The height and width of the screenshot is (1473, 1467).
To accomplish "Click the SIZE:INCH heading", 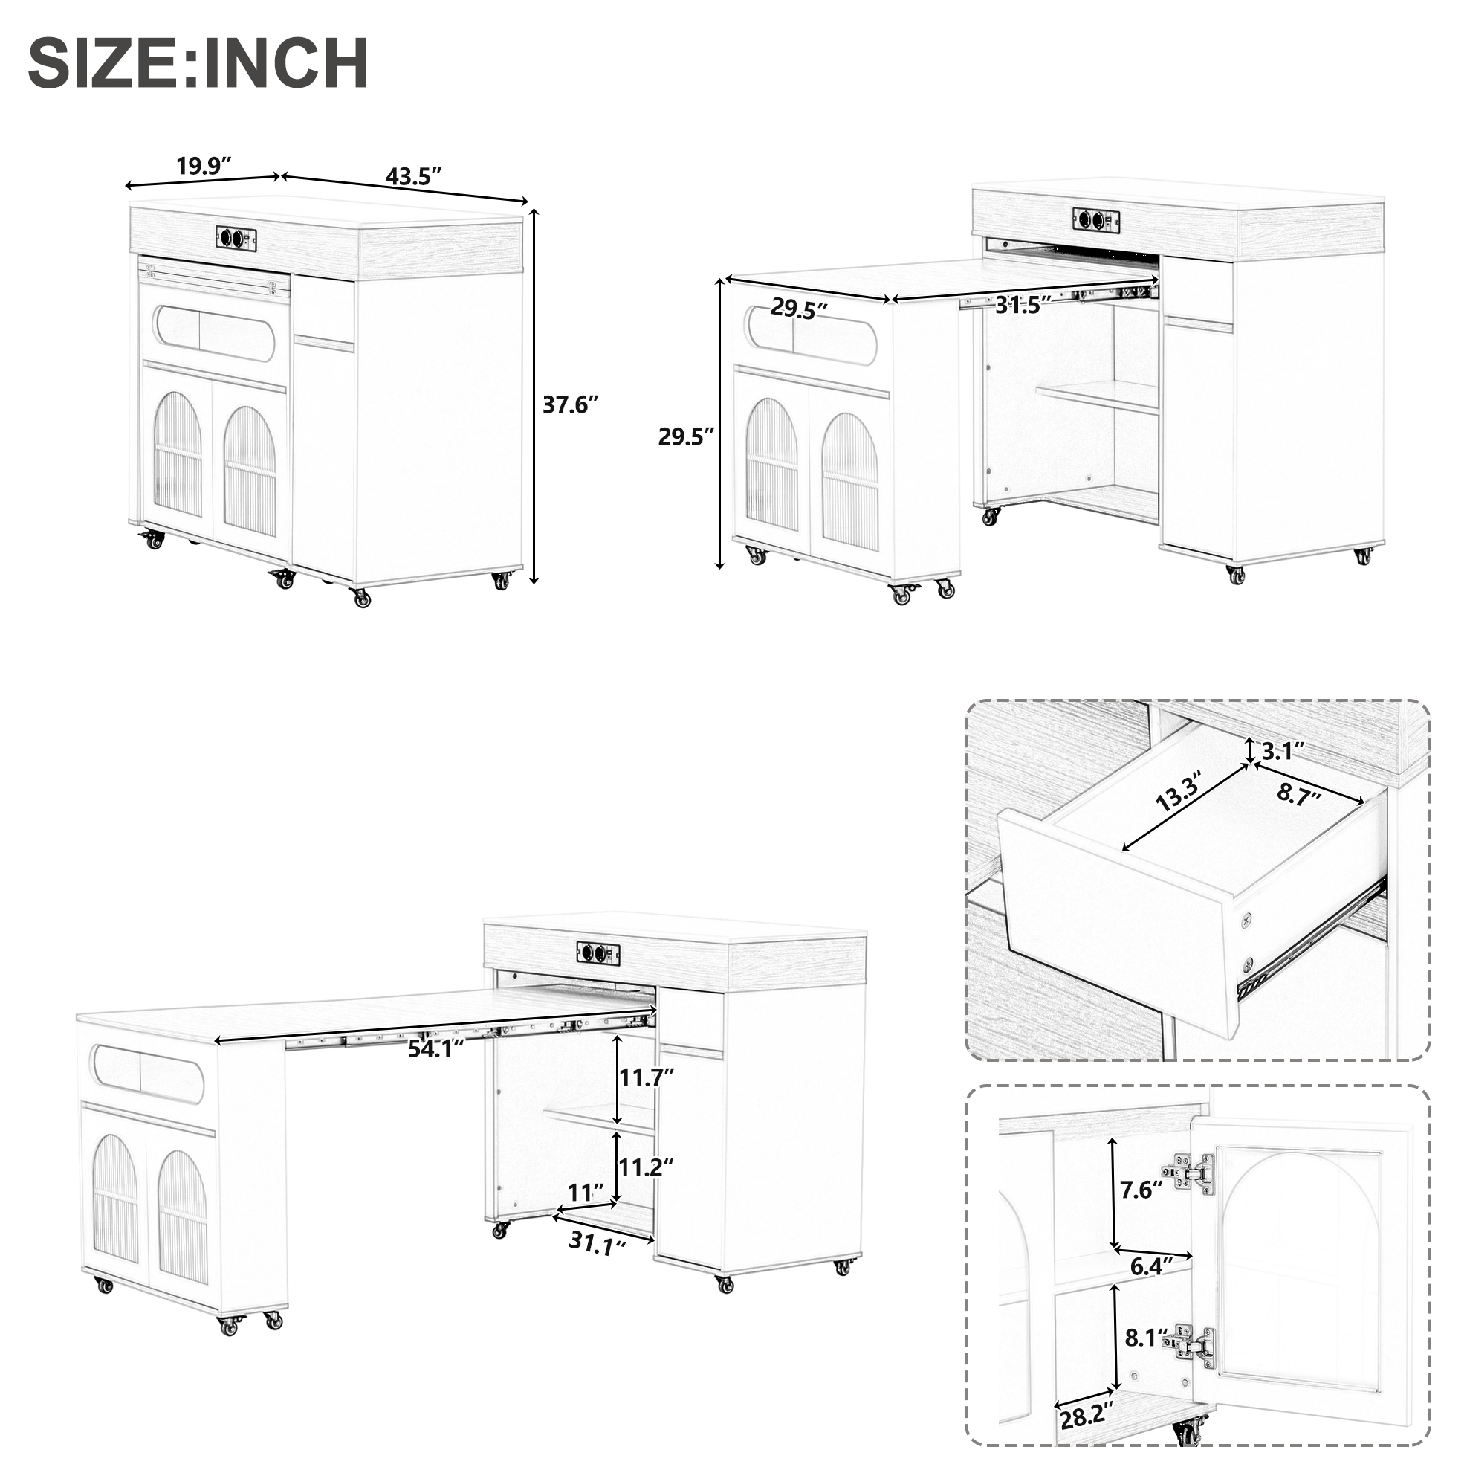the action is pyautogui.click(x=198, y=63).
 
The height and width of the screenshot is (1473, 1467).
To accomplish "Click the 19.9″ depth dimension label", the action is pyautogui.click(x=204, y=167).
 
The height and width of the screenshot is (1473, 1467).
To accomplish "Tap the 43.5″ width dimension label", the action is pyautogui.click(x=414, y=176).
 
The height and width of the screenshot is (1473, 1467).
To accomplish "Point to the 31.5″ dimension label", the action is pyautogui.click(x=1023, y=305).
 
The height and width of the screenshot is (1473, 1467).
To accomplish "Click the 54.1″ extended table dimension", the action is pyautogui.click(x=436, y=1048).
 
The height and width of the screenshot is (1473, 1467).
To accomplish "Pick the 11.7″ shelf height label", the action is pyautogui.click(x=647, y=1077).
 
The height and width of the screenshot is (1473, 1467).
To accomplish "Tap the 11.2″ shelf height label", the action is pyautogui.click(x=647, y=1167).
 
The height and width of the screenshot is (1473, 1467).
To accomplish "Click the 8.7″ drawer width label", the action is pyautogui.click(x=1300, y=795).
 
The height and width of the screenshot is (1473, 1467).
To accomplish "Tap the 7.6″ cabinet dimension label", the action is pyautogui.click(x=1141, y=1189).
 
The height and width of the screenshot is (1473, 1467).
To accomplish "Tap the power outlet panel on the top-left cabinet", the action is pyautogui.click(x=236, y=237).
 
